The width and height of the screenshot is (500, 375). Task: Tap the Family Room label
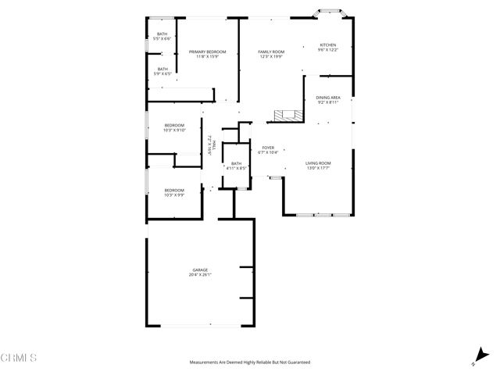pyautogui.click(x=270, y=52)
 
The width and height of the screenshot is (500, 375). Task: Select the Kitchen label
pyautogui.click(x=328, y=45)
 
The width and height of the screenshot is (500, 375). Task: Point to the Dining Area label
pyautogui.click(x=328, y=98)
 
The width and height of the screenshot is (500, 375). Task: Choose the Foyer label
pyautogui.click(x=268, y=147)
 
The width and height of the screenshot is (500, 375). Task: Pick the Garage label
pyautogui.click(x=200, y=270)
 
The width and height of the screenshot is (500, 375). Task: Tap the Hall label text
pyautogui.click(x=214, y=143)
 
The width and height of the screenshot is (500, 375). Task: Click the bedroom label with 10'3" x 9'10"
pyautogui.click(x=174, y=125)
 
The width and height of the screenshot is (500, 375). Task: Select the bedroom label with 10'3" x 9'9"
pyautogui.click(x=174, y=190)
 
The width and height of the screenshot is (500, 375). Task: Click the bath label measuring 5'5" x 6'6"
pyautogui.click(x=162, y=34)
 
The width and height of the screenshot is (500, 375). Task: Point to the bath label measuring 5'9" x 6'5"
pyautogui.click(x=162, y=69)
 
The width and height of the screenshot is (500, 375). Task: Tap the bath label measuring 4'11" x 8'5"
pyautogui.click(x=236, y=163)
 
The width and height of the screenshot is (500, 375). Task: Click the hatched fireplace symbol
pyautogui.click(x=286, y=116)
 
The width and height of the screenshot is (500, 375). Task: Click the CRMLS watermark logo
pyautogui.click(x=20, y=358)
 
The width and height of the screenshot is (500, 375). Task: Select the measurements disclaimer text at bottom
pyautogui.click(x=250, y=362)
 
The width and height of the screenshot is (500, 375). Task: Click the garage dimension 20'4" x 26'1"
pyautogui.click(x=200, y=275)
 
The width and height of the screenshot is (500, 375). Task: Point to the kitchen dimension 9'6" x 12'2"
pyautogui.click(x=328, y=51)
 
